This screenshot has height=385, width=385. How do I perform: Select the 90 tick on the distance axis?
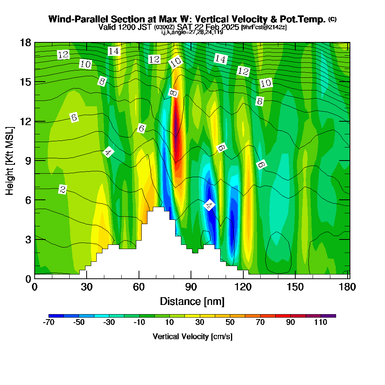click(191, 287)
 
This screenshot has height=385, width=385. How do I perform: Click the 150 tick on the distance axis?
click(295, 287)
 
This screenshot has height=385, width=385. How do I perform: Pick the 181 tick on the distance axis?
click(348, 287)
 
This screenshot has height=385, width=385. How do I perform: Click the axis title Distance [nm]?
click(192, 301)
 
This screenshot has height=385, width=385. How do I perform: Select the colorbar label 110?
click(320, 323)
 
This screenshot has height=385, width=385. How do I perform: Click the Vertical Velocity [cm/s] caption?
click(192, 336)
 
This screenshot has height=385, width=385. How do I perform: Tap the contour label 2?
click(63, 189)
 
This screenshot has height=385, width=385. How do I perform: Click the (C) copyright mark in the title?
click(332, 19)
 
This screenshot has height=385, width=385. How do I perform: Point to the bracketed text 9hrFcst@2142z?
click(264, 27)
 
